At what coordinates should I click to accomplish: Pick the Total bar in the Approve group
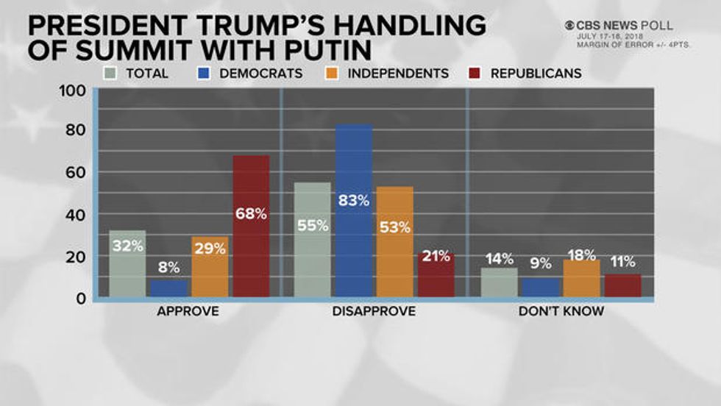click(x=127, y=264)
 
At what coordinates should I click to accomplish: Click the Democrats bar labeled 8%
click(x=168, y=288)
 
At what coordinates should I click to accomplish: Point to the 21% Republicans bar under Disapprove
click(x=436, y=275)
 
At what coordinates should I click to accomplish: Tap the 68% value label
click(x=251, y=214)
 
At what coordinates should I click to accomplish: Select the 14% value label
click(x=499, y=258)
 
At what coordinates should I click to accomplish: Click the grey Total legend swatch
click(x=111, y=74)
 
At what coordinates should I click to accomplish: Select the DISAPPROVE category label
click(x=374, y=311)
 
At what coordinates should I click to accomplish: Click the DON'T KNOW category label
click(x=561, y=311)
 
